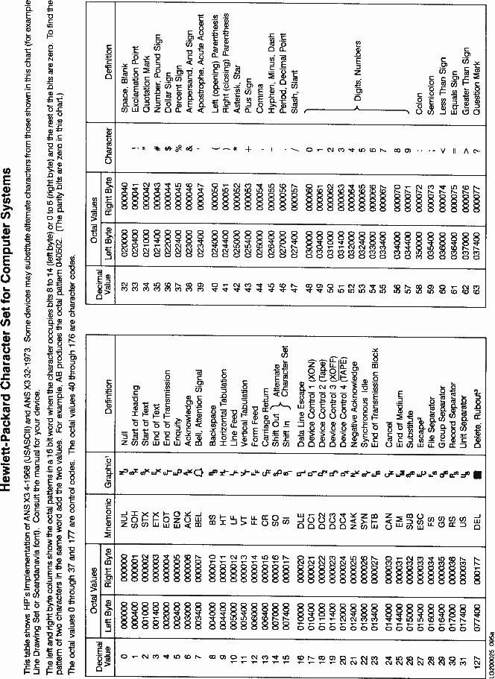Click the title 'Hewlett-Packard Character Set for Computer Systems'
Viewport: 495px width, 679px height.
[x=8, y=340]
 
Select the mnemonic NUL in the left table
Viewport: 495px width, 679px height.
[x=124, y=509]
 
